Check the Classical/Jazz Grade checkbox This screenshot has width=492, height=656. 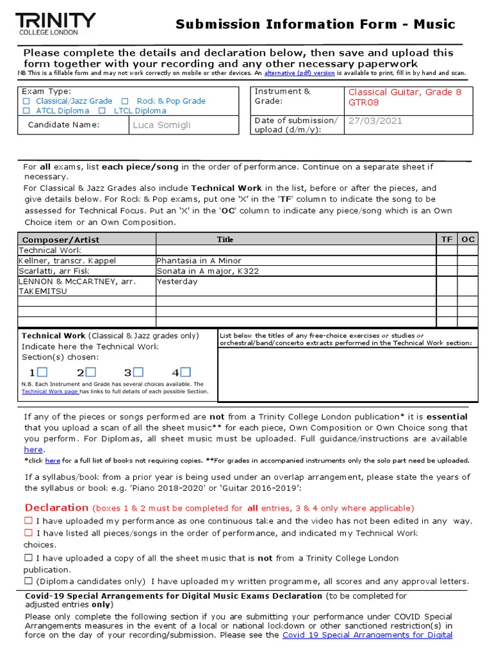click(x=26, y=101)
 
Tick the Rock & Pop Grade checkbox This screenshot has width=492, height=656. click(x=125, y=101)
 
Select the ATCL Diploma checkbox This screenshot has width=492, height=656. click(x=26, y=111)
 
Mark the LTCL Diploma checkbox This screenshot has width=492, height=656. click(x=102, y=111)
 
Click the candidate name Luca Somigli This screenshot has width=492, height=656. click(x=161, y=125)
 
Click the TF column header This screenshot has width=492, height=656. click(x=447, y=240)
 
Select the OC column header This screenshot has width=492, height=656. click(x=468, y=240)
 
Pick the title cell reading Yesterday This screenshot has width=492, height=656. click(x=177, y=281)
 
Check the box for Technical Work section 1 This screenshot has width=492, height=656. click(x=42, y=372)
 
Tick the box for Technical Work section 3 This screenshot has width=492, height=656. click(x=138, y=372)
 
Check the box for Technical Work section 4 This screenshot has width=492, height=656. click(x=186, y=372)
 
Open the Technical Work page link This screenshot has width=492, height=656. click(x=50, y=391)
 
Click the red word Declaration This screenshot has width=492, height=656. click(x=56, y=507)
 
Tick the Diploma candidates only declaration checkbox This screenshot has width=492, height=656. click(x=28, y=581)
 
